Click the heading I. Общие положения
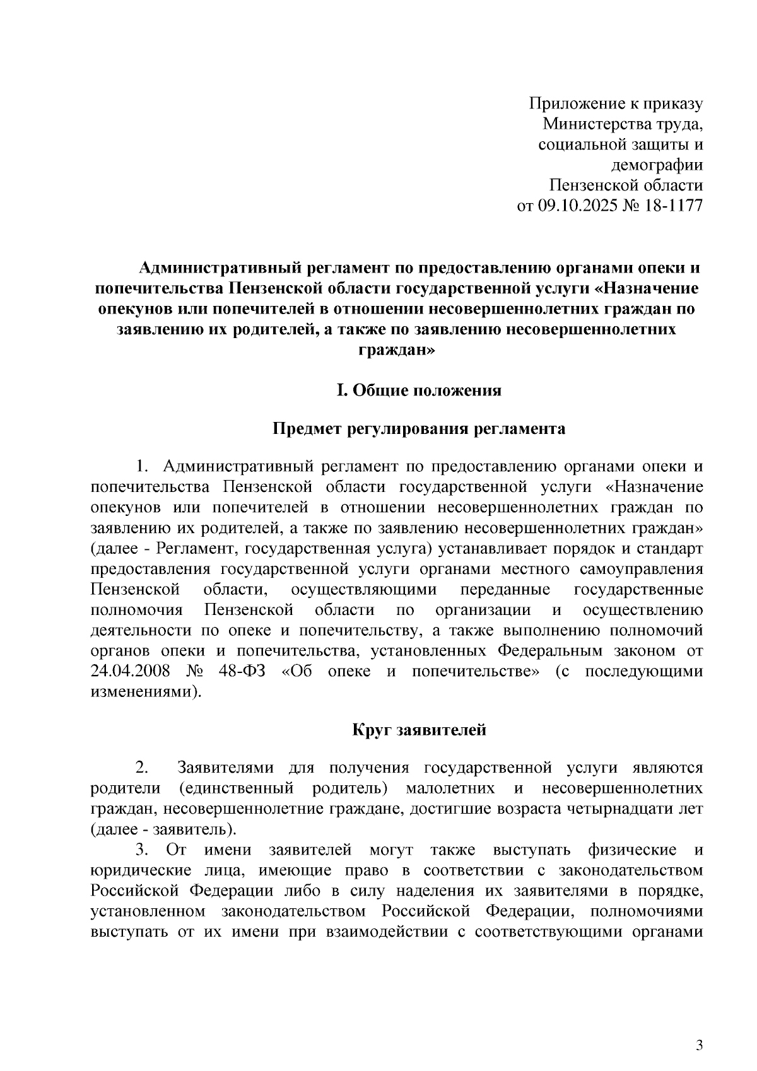coord(419,390)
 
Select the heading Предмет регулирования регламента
coord(419,430)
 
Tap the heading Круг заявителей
coord(419,730)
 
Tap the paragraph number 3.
coord(142,850)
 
